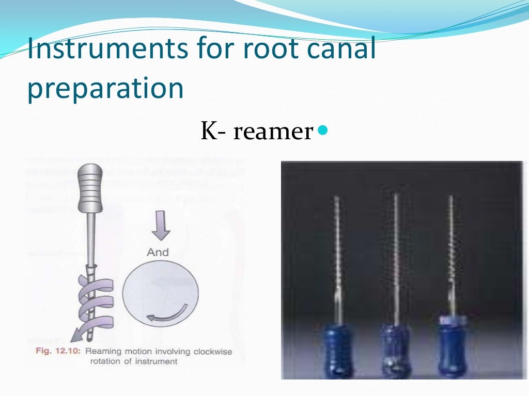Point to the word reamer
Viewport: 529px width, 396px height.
click(x=273, y=132)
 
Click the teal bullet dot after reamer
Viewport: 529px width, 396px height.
click(x=323, y=130)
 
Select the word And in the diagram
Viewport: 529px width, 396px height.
click(x=158, y=252)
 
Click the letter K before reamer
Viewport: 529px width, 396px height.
click(x=208, y=132)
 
